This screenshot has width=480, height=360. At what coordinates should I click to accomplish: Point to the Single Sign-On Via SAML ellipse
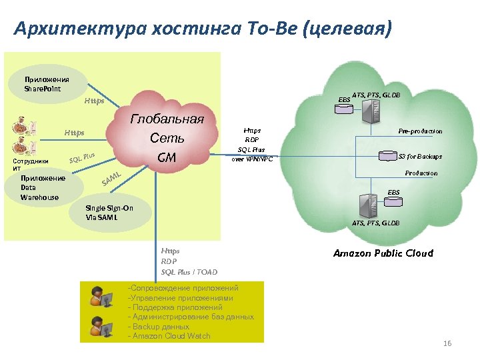tap(111, 213)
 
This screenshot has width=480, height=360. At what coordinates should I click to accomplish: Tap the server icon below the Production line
tap(369, 203)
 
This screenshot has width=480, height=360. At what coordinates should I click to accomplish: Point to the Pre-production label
tap(420, 131)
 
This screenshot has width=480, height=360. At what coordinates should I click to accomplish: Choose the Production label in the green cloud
tap(421, 173)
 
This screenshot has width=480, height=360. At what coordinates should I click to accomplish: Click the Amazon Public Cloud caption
tap(383, 253)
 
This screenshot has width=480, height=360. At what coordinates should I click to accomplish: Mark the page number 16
tap(447, 343)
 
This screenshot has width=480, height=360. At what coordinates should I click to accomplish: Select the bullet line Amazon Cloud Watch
tap(171, 336)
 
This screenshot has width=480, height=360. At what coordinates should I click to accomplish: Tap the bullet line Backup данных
tap(161, 327)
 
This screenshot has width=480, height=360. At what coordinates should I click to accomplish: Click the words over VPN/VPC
tap(252, 159)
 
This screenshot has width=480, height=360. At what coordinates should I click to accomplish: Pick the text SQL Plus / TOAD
tap(189, 272)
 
